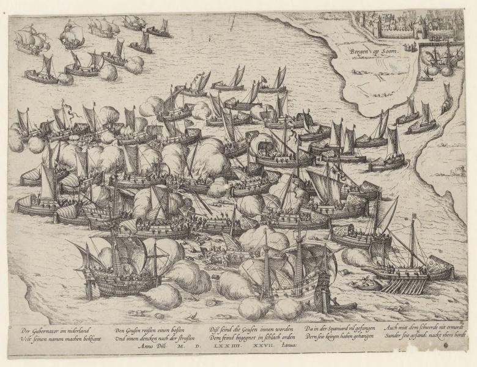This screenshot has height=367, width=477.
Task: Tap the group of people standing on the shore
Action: [409, 46]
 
